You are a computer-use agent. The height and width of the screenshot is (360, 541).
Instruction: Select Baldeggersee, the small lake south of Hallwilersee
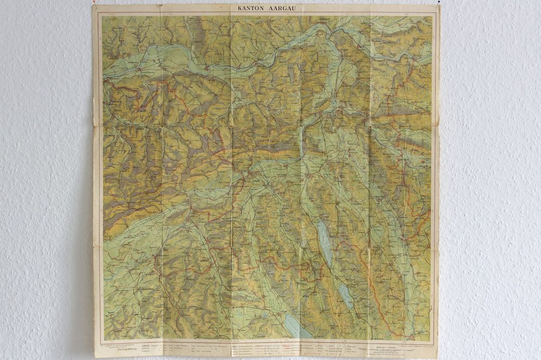point(345,296)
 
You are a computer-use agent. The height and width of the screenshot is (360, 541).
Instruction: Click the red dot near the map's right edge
point(423,161)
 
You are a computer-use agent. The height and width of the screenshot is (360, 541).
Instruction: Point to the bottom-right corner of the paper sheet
point(437,357)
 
